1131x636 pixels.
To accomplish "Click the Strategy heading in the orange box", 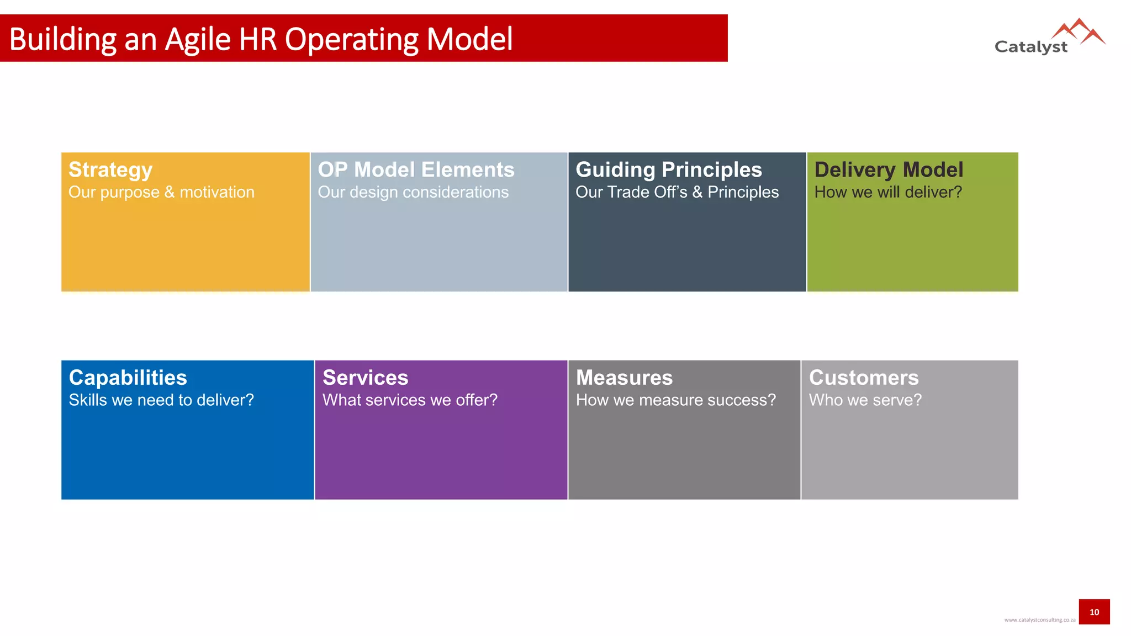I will pos(110,170).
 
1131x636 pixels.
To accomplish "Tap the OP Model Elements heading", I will pos(416,169).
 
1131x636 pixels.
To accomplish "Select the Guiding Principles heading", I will pos(668,169).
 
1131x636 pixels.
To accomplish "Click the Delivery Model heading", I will pos(889,169).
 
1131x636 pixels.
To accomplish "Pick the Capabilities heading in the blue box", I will pos(128,378).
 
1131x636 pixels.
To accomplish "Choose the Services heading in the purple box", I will pos(365,378).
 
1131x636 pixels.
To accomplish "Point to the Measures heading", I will pos(624,378).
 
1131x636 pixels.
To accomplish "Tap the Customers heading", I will pos(864,378).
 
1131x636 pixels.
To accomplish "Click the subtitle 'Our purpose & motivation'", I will pos(161,192).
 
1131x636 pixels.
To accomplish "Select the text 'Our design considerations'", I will pos(413,192).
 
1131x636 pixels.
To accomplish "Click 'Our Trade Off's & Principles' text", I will pos(677,192).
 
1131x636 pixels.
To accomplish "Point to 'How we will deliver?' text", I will pos(888,192).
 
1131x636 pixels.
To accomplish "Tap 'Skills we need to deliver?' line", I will pos(161,400).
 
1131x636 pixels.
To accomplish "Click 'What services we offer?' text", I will pos(410,400).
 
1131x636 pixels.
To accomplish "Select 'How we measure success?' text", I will pos(675,400).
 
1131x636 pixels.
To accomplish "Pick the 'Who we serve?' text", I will pos(865,400).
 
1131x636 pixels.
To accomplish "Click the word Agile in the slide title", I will pos(198,40).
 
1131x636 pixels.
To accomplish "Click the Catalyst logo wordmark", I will pos(1030,47).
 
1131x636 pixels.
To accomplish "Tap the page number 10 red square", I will pos(1094,612).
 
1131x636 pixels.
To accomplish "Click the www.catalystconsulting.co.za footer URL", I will pos(1039,620).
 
